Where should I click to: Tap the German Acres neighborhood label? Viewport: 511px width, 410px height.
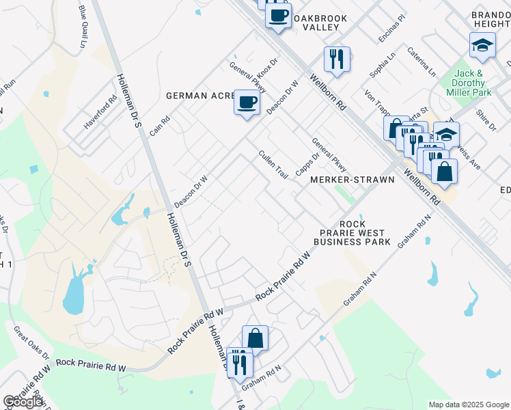point(200,96)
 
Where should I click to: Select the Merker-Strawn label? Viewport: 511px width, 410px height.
point(352,180)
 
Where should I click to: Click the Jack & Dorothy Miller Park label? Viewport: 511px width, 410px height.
point(469,82)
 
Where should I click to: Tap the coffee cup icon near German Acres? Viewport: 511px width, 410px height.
point(247,103)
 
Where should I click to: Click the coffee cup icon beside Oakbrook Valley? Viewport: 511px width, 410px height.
point(278,16)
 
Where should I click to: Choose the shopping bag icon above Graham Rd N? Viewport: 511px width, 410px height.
point(255,338)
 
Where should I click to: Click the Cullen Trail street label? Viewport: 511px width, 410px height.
point(273,165)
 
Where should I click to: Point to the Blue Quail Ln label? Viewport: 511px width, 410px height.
point(83,27)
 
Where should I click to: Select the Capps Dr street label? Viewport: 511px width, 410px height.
point(307,164)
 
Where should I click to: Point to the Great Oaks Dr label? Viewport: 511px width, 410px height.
point(32,342)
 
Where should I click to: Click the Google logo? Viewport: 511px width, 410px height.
point(23,402)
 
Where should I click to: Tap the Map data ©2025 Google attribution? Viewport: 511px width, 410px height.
point(469,405)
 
